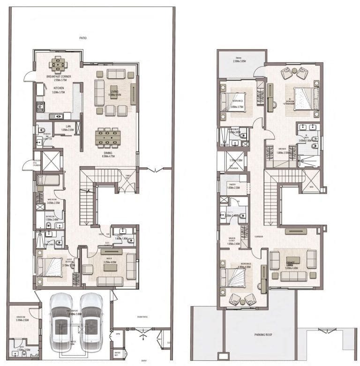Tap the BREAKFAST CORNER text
(58, 76)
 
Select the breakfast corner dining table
(58, 63)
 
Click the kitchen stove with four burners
(40, 106)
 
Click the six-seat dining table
(108, 136)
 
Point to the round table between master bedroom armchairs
(293, 71)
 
